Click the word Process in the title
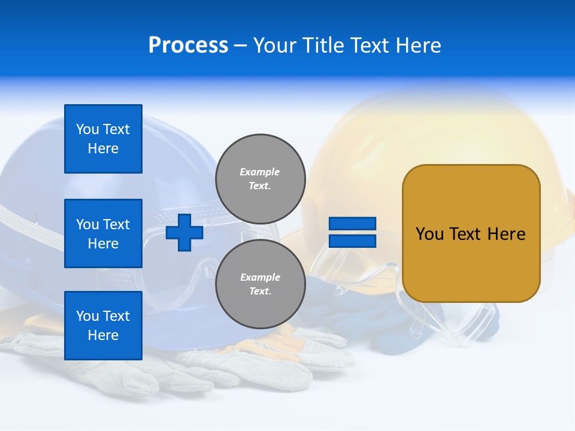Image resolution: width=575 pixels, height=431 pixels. click(188, 45)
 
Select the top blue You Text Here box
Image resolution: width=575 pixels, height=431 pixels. click(103, 139)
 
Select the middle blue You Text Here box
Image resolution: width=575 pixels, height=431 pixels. click(103, 233)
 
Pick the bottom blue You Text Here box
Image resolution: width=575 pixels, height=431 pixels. click(103, 326)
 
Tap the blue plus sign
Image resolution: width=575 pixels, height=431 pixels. click(184, 232)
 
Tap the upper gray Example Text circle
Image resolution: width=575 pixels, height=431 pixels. click(260, 178)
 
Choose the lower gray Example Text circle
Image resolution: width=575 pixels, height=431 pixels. click(260, 284)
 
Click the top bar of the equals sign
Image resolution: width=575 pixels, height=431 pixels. click(352, 224)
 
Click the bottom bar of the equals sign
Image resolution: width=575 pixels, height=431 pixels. click(352, 241)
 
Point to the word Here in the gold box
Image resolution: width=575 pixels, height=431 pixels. click(506, 234)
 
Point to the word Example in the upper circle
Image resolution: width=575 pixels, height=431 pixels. click(260, 172)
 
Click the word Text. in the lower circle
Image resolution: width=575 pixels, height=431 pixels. click(260, 292)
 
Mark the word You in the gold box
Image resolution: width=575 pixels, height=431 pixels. click(429, 234)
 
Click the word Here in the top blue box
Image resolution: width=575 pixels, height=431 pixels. click(103, 148)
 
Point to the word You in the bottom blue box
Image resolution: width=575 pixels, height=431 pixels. click(86, 316)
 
